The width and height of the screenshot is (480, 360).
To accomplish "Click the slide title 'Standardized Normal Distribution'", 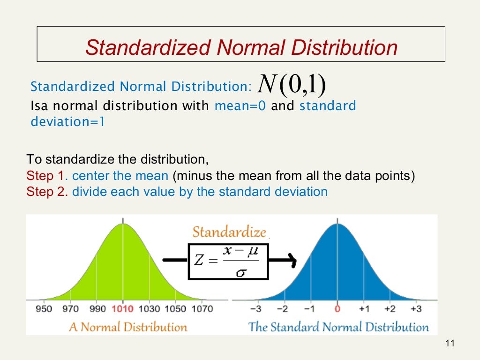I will (241, 47).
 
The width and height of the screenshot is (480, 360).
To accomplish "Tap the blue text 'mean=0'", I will (240, 105).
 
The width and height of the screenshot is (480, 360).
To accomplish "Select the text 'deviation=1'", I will (68, 122).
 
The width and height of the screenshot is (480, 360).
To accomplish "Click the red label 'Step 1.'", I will (47, 176).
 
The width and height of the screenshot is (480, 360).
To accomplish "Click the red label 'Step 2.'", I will (47, 192).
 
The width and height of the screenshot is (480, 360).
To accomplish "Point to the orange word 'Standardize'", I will (229, 232).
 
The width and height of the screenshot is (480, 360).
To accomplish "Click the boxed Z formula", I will (229, 261).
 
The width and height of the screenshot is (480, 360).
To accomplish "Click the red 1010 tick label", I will (122, 309).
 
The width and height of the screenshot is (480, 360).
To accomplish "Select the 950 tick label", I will (44, 309).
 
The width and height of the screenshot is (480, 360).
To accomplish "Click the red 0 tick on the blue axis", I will (337, 309).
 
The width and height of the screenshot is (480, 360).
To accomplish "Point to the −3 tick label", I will (256, 309).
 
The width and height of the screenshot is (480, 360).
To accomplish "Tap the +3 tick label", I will (416, 309).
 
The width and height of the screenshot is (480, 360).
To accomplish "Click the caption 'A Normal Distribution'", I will (127, 327).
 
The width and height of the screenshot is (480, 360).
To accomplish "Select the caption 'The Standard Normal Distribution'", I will (338, 327).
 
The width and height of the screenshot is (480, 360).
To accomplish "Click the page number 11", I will (450, 344).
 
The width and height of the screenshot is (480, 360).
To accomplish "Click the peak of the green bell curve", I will (123, 225).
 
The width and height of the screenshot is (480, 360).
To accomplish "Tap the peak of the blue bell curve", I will (337, 225).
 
